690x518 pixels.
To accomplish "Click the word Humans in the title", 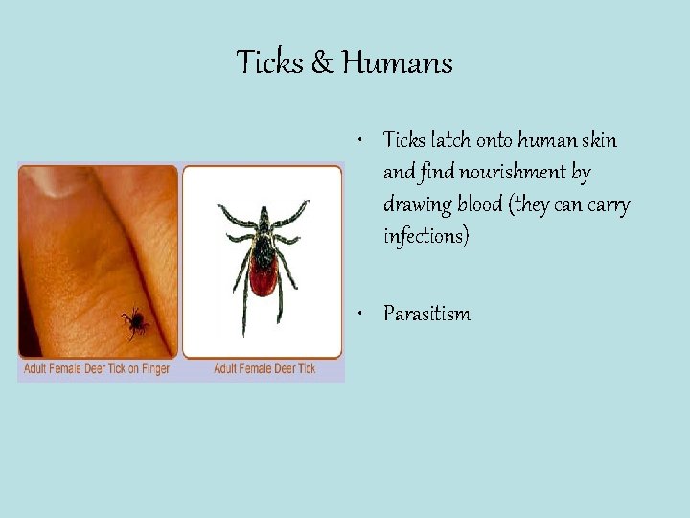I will coord(398,63).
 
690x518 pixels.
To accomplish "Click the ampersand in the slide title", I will coord(323,63).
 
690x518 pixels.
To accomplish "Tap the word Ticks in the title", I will coord(271,63).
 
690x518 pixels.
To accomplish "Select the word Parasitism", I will coord(426,314).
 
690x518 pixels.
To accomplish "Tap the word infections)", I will coord(426,236).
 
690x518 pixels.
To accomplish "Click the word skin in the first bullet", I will coord(601,141).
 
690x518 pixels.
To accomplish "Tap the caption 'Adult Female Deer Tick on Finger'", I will coord(98,368).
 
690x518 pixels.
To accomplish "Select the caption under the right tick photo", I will coord(263,368).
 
